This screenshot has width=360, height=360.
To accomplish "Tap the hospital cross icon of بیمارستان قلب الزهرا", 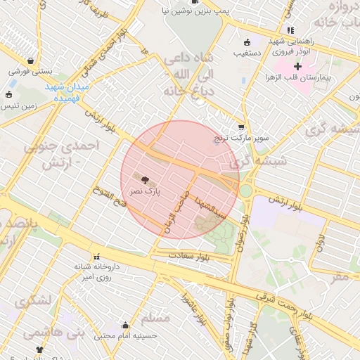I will click(297, 66).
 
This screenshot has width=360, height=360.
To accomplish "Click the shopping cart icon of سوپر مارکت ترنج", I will click(241, 127).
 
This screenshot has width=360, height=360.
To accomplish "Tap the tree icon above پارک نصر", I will click(146, 180).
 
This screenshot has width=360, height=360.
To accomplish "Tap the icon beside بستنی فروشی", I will click(32, 60).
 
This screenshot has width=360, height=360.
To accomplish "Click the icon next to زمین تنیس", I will click(8, 95).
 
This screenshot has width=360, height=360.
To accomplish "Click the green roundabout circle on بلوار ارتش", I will click(245, 190).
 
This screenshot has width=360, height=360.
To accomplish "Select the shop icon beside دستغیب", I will click(245, 41).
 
